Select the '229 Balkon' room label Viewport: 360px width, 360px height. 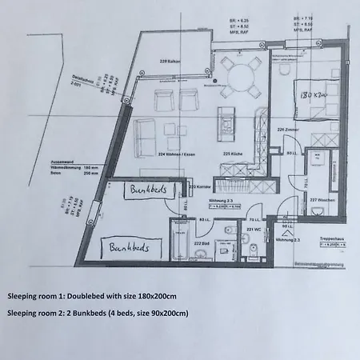[x=169, y=61]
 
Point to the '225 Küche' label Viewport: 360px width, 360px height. [x=231, y=154]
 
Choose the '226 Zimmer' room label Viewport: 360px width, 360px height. [x=286, y=127]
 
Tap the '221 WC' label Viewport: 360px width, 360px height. [x=252, y=229]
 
